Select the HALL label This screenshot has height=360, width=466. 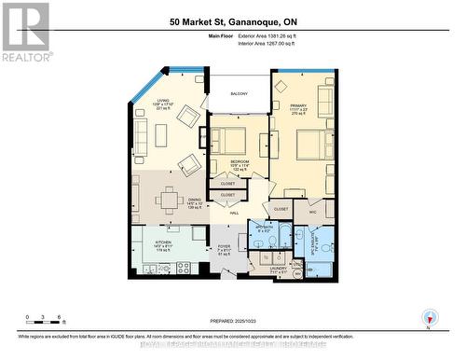coord(235,213)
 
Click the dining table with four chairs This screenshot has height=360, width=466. coord(169,199)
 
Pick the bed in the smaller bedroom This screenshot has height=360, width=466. coord(227,140)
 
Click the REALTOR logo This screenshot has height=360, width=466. coord(25,32)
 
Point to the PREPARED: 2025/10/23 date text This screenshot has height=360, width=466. coord(233,322)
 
